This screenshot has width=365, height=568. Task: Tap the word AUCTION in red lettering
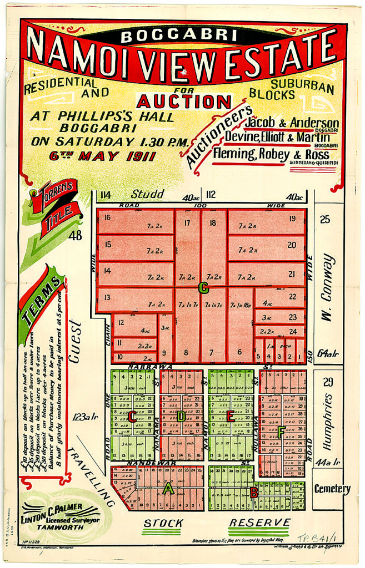tap(183, 102)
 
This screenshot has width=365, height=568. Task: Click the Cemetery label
tap(332, 489)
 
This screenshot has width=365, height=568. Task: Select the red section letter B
tap(253, 491)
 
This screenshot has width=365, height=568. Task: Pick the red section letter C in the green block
tap(133, 415)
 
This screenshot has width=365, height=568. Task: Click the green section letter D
tap(182, 415)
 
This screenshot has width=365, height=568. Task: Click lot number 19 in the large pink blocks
tap(292, 219)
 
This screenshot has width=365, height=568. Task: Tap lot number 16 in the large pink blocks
tap(107, 217)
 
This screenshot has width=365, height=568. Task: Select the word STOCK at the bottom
tap(163, 523)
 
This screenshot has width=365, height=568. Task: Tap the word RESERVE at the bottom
tap(259, 523)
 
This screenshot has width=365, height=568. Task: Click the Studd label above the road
tap(147, 194)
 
